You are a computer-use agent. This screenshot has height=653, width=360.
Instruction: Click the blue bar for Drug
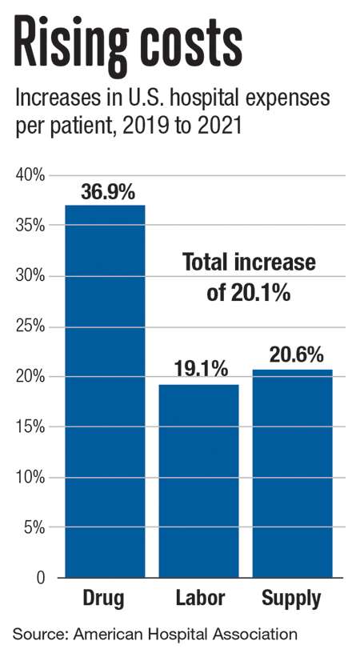click(106, 391)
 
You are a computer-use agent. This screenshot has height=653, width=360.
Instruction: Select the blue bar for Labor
click(199, 481)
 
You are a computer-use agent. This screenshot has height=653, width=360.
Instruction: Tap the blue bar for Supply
click(293, 474)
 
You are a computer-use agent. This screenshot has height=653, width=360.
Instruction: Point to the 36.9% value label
click(108, 192)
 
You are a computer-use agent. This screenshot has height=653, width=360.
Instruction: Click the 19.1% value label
click(201, 369)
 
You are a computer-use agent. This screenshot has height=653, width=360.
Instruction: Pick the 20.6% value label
click(296, 355)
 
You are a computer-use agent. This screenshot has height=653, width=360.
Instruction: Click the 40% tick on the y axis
click(30, 175)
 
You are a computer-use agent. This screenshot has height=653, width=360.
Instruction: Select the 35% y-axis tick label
click(30, 226)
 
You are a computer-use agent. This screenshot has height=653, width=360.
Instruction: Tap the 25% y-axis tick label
click(30, 326)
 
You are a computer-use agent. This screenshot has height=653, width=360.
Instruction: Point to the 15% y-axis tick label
click(30, 427)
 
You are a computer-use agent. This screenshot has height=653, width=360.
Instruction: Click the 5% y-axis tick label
click(34, 527)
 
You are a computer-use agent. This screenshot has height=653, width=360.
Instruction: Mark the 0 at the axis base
click(40, 579)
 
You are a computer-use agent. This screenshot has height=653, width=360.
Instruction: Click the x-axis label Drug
click(104, 599)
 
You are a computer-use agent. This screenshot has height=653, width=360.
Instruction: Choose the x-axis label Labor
click(201, 598)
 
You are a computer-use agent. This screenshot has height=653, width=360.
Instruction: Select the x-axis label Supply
click(292, 599)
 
